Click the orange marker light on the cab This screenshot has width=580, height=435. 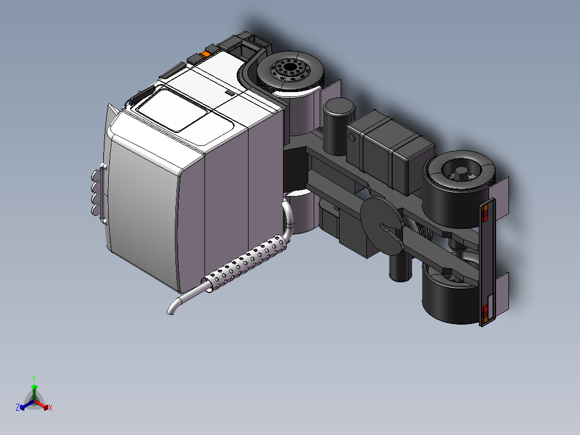coord(206,54)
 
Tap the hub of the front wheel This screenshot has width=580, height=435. coord(290,69)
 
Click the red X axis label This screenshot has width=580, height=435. coord(51,408)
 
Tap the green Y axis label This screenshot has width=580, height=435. coord(33,378)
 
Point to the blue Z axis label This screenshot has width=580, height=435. coord(18,408)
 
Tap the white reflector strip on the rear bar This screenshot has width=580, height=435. coord(490,299)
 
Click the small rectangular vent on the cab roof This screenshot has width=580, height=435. coord(230,93)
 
